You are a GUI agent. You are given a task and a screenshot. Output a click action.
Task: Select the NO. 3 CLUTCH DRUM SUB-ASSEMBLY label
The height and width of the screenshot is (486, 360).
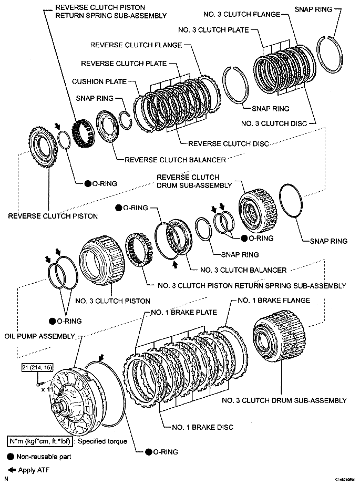[284, 400]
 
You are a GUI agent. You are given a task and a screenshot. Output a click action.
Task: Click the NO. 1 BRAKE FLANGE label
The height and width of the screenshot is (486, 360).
[274, 301]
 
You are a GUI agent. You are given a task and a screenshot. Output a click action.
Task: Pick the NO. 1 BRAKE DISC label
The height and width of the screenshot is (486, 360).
[202, 427]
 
